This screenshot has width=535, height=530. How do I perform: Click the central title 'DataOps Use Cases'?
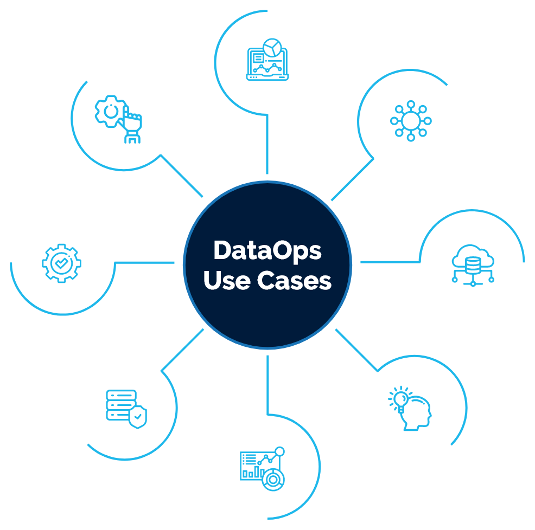tap(267, 266)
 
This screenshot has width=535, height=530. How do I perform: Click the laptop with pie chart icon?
tap(267, 60)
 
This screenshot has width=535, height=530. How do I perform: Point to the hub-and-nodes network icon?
tap(411, 120)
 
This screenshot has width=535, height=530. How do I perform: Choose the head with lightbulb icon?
tap(411, 408)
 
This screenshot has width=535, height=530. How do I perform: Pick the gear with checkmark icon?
tap(60, 264)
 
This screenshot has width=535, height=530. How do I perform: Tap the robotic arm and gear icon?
tap(118, 119)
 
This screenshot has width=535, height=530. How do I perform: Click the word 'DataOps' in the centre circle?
tap(267, 251)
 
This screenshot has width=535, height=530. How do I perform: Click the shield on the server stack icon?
tap(138, 417)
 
